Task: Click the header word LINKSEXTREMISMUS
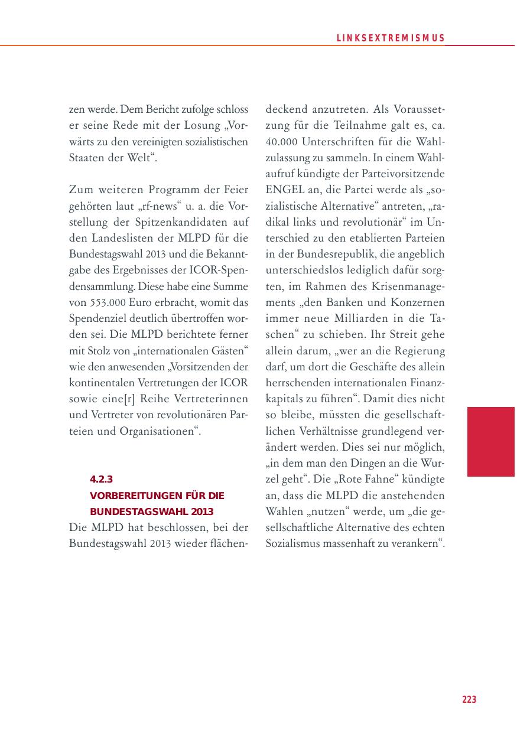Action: (x=391, y=38)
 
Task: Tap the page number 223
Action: (x=469, y=699)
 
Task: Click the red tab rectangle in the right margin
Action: (x=490, y=441)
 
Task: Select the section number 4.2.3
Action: (x=100, y=479)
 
